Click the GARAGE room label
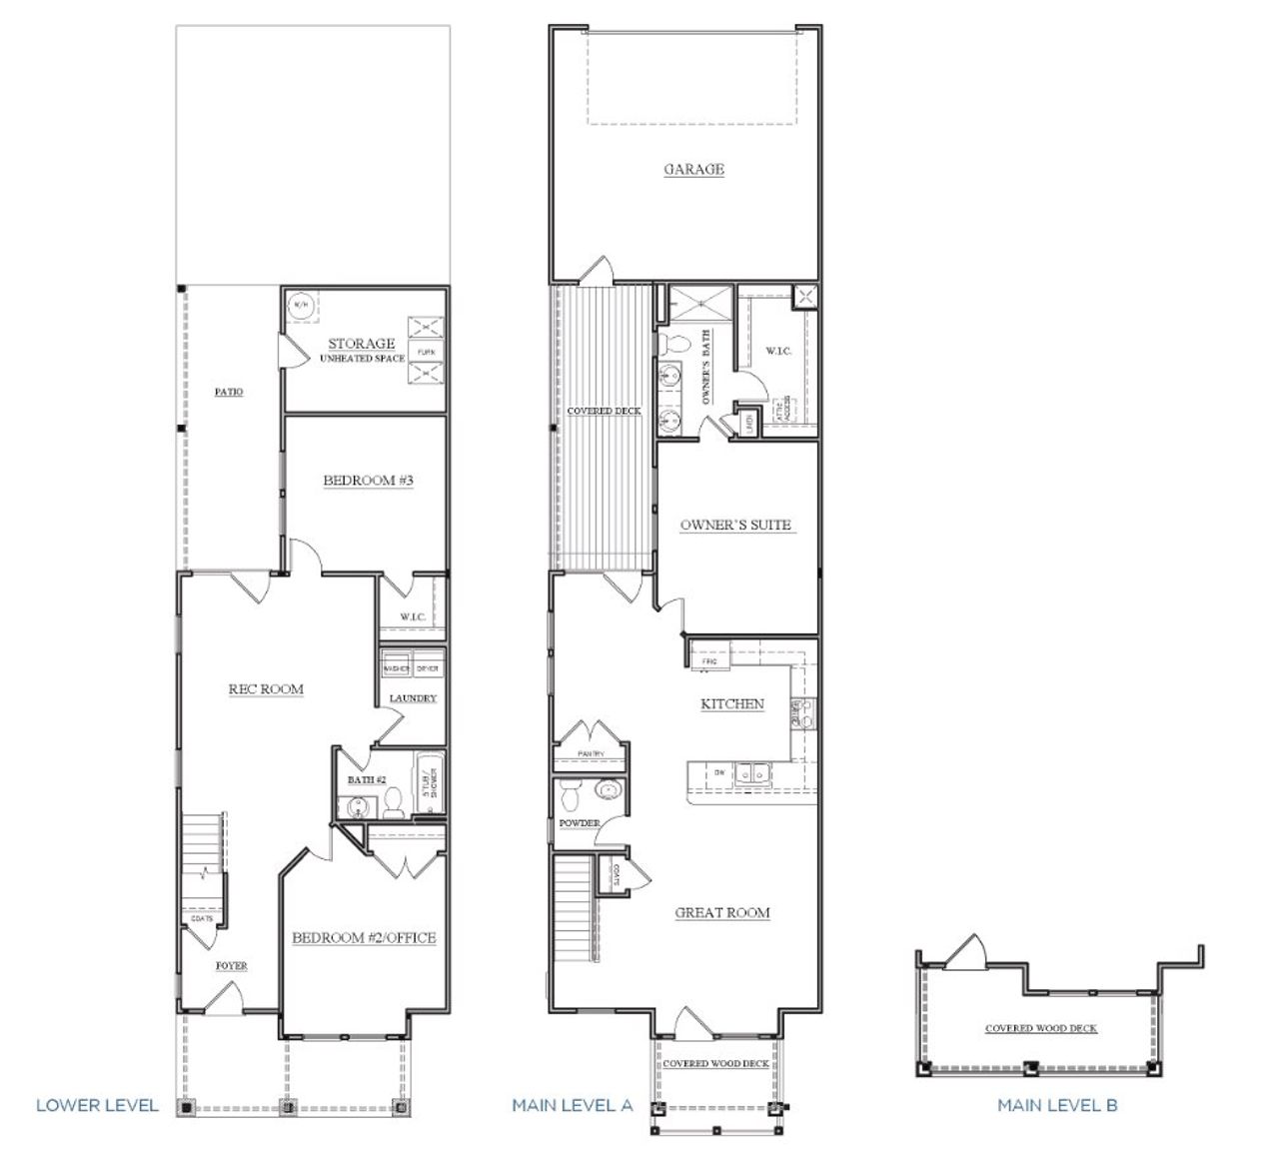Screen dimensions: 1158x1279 [x=693, y=169]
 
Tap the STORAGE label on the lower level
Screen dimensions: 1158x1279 [x=362, y=343]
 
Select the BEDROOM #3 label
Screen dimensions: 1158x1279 [x=368, y=481]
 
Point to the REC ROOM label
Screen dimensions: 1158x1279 [x=266, y=688]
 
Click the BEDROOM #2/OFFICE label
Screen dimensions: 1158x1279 [x=364, y=937]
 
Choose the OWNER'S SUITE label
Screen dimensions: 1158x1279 [x=735, y=525]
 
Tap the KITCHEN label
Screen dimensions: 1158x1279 [x=731, y=703]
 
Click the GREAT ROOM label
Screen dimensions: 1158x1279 [x=722, y=912]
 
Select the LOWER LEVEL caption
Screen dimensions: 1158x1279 [x=97, y=1105]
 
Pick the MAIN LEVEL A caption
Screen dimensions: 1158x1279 [x=573, y=1105]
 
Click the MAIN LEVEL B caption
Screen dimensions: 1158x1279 [x=1057, y=1105]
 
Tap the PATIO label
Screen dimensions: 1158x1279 [x=229, y=392]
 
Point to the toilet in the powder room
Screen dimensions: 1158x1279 [x=570, y=796]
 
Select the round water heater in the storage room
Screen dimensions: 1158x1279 [x=300, y=305]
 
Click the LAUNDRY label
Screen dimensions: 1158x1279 [x=413, y=698]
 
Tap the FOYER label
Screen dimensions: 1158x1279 [x=232, y=966]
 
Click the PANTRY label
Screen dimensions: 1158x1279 [x=578, y=753]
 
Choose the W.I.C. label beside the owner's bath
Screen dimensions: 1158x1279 [x=778, y=351]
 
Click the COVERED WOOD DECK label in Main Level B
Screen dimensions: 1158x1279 [x=1040, y=1028]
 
